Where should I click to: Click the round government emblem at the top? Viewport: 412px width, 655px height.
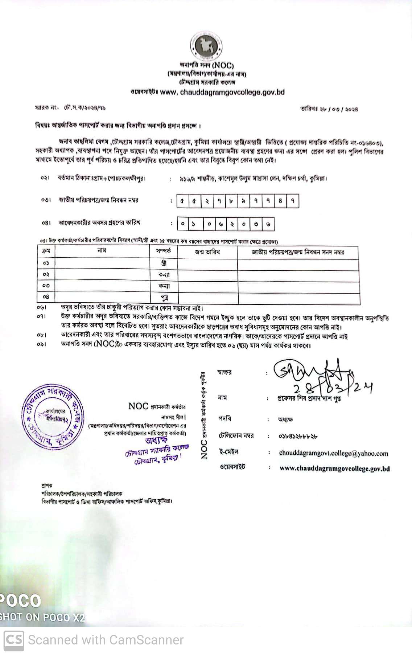[x=206, y=46]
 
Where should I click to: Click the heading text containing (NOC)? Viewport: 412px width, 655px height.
[x=207, y=65]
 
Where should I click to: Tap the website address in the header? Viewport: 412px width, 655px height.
[x=222, y=92]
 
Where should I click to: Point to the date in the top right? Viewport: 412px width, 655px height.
[x=329, y=109]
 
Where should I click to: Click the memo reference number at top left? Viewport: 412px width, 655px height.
[x=70, y=108]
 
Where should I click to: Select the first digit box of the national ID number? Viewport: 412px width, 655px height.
[x=182, y=201]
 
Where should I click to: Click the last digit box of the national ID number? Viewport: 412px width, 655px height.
[x=293, y=201]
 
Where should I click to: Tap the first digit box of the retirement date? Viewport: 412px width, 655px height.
[x=183, y=224]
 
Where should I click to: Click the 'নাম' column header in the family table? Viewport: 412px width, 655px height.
[x=102, y=251]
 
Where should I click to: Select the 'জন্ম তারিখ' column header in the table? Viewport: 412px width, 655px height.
[x=207, y=252]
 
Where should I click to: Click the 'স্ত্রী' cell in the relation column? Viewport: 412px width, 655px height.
[x=164, y=263]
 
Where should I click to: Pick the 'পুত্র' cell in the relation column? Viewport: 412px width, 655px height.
[x=164, y=298]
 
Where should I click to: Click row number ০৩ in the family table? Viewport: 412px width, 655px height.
[x=46, y=286]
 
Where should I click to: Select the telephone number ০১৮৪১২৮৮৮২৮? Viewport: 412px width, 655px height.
[x=298, y=436]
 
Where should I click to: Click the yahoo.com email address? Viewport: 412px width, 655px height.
[x=333, y=453]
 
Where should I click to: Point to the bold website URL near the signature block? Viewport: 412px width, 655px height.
[x=334, y=468]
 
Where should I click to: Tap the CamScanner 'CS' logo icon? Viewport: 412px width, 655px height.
[x=14, y=640]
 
